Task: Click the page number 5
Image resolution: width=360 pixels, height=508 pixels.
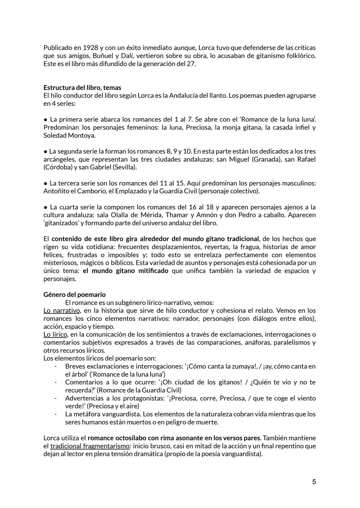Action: click(314, 482)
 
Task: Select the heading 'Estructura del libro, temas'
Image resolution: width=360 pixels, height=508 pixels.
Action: click(82, 88)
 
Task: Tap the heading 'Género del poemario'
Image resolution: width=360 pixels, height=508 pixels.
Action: click(74, 294)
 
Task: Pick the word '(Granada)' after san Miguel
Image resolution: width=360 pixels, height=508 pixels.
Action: click(266, 159)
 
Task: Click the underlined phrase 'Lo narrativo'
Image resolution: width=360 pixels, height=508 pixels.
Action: click(62, 310)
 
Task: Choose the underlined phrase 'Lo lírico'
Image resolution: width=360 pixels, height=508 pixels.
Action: click(55, 334)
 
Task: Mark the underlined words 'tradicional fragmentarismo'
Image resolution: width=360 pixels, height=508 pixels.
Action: click(90, 446)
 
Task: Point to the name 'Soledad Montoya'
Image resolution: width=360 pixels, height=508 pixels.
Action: click(69, 136)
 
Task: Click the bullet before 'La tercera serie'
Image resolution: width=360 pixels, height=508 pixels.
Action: click(45, 184)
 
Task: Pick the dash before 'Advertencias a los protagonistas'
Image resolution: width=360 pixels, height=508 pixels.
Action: click(56, 398)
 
